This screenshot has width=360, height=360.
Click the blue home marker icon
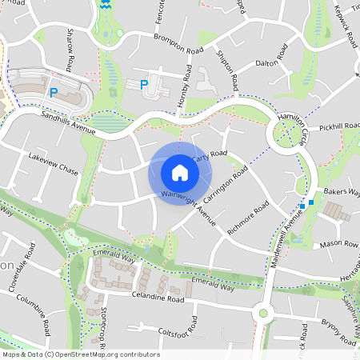pos(180,172)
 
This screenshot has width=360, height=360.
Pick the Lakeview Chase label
pos(53,163)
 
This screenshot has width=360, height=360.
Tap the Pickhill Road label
pos(339,127)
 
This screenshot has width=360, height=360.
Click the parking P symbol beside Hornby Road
pos(144,84)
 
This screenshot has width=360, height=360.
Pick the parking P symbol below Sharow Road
pos(54,92)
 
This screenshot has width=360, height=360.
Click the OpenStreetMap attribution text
pos(80,354)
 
